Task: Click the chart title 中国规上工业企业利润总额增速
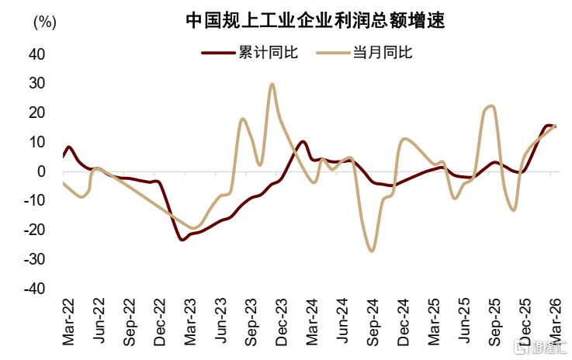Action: (x=315, y=20)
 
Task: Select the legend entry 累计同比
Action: (x=250, y=52)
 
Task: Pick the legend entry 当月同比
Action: (x=364, y=52)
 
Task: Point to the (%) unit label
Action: (x=45, y=22)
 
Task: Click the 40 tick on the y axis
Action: (x=36, y=54)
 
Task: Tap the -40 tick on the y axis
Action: (x=34, y=289)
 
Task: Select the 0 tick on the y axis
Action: (x=41, y=171)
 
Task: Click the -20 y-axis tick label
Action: (x=34, y=230)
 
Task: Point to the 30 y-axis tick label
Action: (x=36, y=84)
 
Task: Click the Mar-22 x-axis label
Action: (x=68, y=322)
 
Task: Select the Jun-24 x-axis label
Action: (x=342, y=321)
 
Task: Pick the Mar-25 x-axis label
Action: (x=434, y=322)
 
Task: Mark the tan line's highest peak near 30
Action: (x=272, y=85)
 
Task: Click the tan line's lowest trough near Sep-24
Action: (x=371, y=251)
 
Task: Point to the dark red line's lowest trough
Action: (x=182, y=240)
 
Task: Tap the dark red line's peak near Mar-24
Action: (x=303, y=141)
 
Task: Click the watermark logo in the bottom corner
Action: (x=539, y=348)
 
